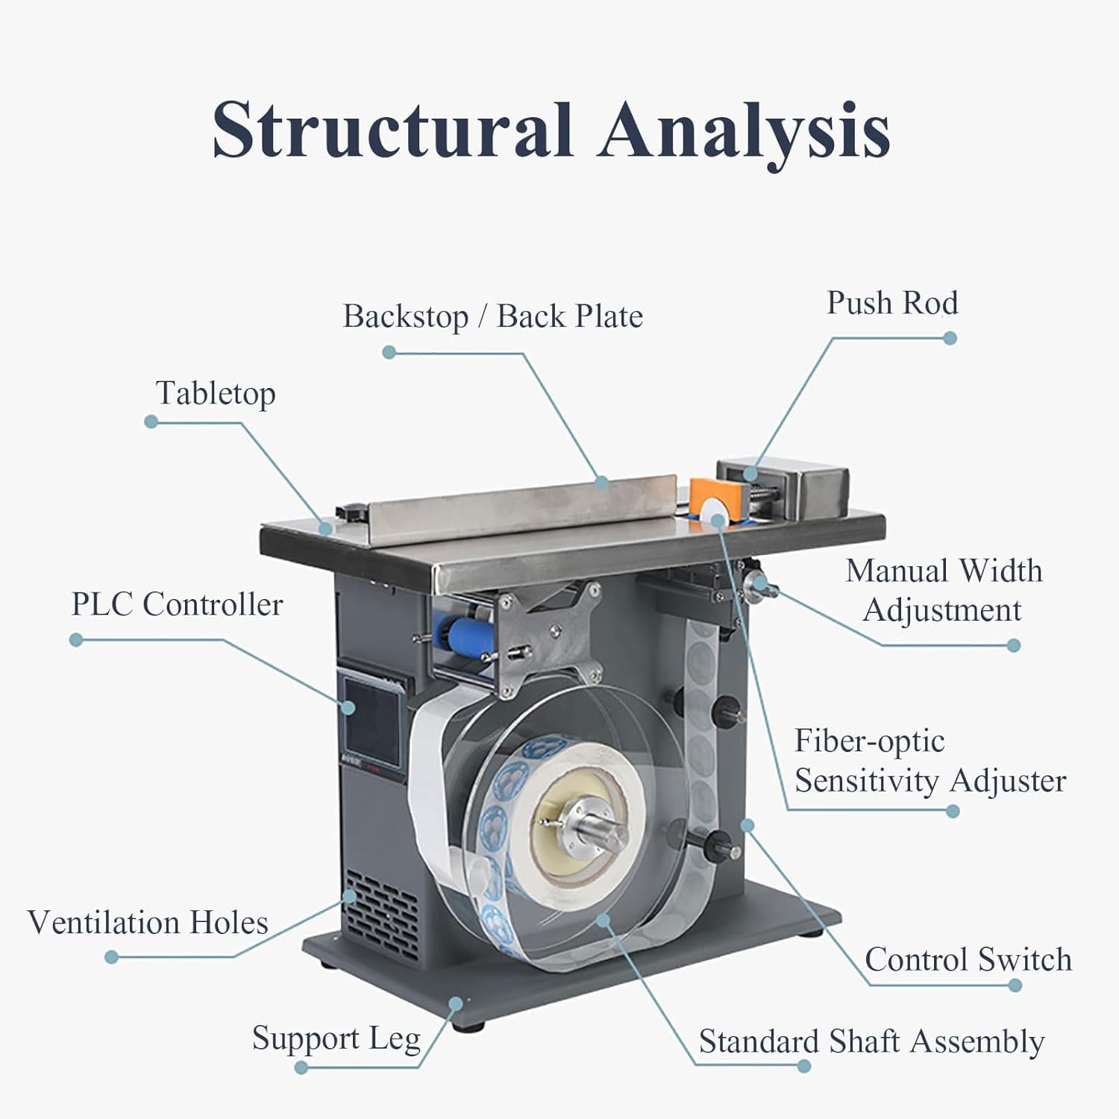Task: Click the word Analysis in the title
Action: pyautogui.click(x=745, y=133)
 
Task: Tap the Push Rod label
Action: pyautogui.click(x=892, y=303)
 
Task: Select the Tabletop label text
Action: pyautogui.click(x=216, y=393)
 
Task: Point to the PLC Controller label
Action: pyautogui.click(x=177, y=604)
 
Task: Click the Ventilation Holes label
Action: pyautogui.click(x=148, y=923)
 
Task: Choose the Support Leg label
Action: pyautogui.click(x=336, y=1039)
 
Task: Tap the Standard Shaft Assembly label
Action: pyautogui.click(x=871, y=1041)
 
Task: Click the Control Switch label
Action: pyautogui.click(x=968, y=959)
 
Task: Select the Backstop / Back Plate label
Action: pyautogui.click(x=492, y=316)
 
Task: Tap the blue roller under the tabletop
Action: pyautogui.click(x=469, y=634)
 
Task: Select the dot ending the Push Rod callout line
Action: pyautogui.click(x=950, y=338)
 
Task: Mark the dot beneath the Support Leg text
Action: pyautogui.click(x=301, y=1068)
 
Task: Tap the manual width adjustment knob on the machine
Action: pyautogui.click(x=756, y=586)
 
